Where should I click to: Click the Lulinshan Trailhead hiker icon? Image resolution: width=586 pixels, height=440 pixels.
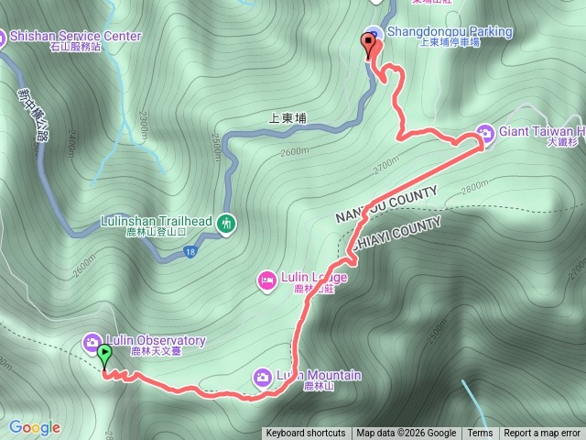(x=226, y=222)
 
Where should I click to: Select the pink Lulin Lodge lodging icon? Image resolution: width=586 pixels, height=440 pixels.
(x=267, y=279)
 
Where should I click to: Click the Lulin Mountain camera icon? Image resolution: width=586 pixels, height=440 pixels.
(x=262, y=377)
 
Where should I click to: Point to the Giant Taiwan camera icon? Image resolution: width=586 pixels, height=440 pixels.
(x=485, y=131)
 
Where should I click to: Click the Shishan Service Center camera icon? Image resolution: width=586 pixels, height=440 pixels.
(x=3, y=37)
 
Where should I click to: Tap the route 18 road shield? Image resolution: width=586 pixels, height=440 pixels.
(x=188, y=252)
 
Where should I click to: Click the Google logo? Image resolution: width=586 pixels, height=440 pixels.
(x=35, y=427)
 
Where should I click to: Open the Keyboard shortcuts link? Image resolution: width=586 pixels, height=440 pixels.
(x=306, y=434)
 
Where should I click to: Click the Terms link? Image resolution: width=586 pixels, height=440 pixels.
(x=480, y=434)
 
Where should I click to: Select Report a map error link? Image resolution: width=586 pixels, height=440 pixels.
(x=542, y=434)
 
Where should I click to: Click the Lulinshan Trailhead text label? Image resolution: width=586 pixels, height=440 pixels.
(x=157, y=222)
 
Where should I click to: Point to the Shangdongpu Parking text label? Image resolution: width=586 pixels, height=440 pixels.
(x=450, y=32)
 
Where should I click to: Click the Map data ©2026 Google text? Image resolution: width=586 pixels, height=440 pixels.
(x=407, y=434)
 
